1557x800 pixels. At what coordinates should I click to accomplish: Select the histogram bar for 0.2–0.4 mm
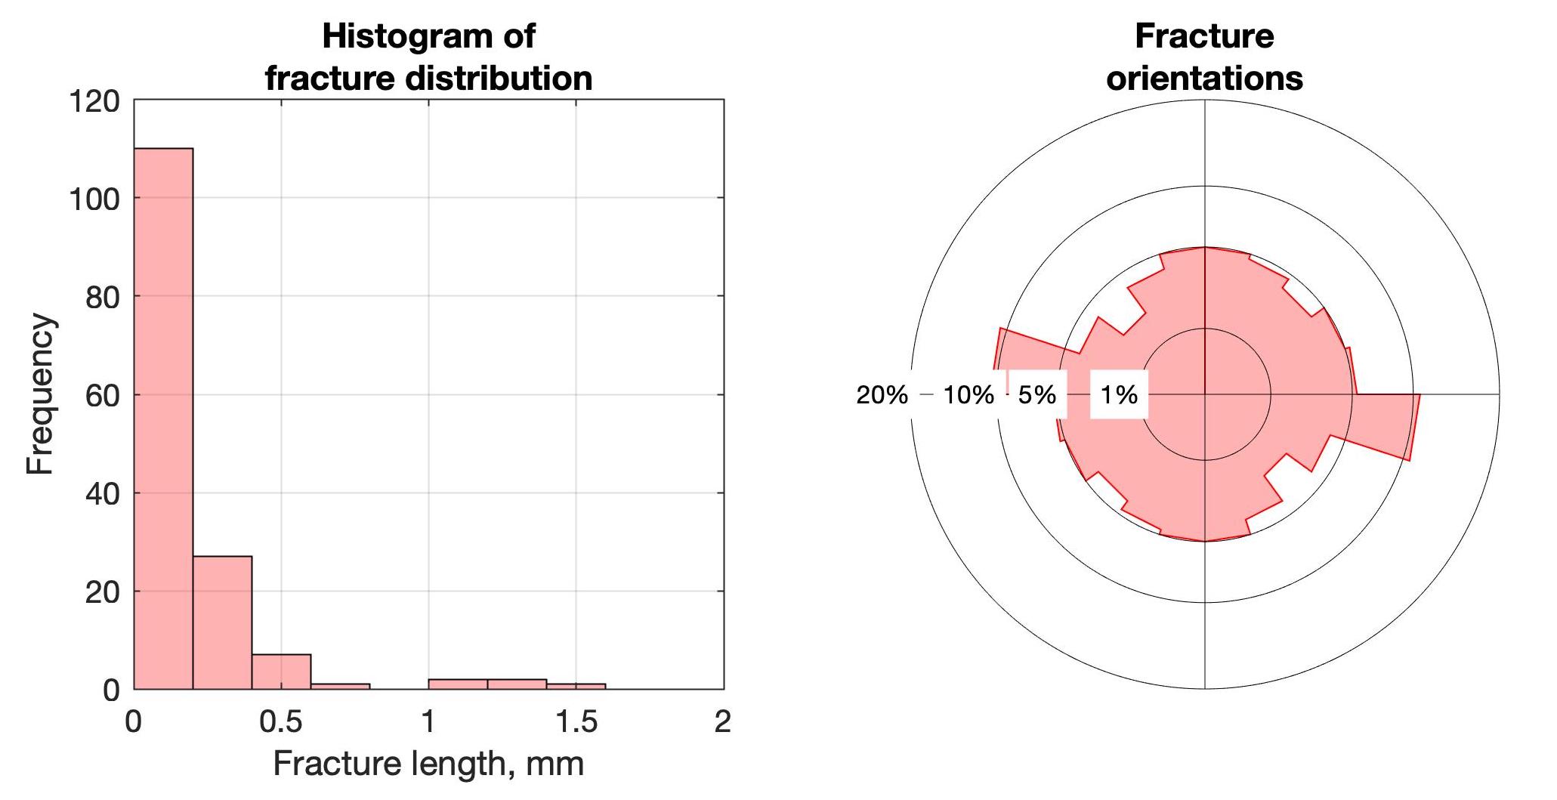tap(222, 622)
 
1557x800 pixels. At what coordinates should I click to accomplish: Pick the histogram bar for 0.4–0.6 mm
tap(281, 672)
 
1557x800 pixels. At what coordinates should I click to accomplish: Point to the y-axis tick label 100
tap(94, 199)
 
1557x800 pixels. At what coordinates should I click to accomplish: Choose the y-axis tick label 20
tap(102, 592)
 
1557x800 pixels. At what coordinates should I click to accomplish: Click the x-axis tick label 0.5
tap(280, 722)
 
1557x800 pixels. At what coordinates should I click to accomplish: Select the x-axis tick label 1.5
tap(576, 722)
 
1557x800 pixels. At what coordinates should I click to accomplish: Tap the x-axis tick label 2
tap(723, 722)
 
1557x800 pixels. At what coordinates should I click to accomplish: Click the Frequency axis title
tap(41, 394)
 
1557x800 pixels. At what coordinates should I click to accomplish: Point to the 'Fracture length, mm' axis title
tap(428, 764)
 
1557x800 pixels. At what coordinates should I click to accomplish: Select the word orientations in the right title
tap(1204, 79)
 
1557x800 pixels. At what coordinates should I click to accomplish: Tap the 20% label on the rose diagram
tap(882, 394)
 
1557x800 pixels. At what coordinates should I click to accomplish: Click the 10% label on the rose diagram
tap(968, 394)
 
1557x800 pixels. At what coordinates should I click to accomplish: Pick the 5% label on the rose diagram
tap(1036, 394)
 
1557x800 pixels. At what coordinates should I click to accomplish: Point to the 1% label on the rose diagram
tap(1119, 394)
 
